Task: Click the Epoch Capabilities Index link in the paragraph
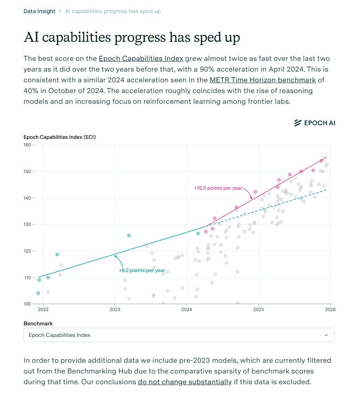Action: (x=141, y=58)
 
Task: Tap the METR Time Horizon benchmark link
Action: (x=263, y=80)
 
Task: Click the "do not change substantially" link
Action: (x=185, y=382)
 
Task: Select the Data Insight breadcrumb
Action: (x=39, y=11)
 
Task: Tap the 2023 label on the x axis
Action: (x=115, y=309)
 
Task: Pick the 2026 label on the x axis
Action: (x=330, y=309)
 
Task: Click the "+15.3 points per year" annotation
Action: (x=218, y=188)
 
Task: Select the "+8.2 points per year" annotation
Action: (x=142, y=270)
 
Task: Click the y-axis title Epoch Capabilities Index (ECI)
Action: (x=60, y=137)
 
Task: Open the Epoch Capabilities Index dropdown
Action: (x=179, y=335)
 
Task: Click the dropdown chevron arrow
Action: (x=326, y=335)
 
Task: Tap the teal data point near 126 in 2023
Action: (x=129, y=235)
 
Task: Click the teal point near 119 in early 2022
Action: (x=57, y=254)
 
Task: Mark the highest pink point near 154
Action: (x=321, y=161)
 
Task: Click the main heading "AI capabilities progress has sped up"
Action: (x=132, y=37)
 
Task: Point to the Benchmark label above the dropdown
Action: (x=38, y=323)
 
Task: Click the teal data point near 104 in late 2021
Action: (x=38, y=293)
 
